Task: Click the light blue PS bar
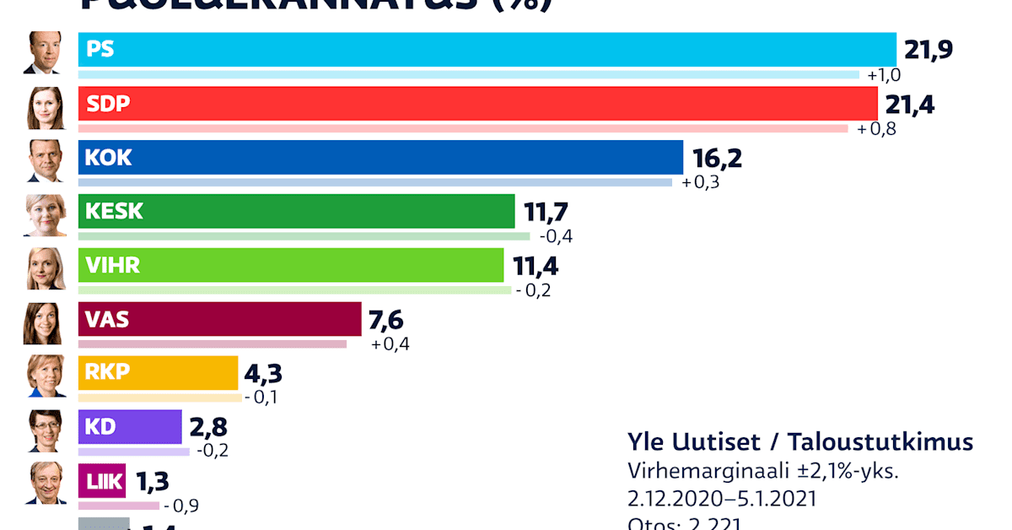487,50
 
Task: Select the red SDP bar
477,104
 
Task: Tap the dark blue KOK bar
380,158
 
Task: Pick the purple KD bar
130,427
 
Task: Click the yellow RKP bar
159,373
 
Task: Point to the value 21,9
928,50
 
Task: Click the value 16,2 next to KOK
717,159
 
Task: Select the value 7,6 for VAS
386,320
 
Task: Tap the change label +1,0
885,75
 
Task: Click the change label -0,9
181,506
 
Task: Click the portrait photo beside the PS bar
44,52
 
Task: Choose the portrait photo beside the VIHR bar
44,268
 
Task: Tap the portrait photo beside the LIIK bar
44,484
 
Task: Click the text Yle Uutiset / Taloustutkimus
799,442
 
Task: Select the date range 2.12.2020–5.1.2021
722,499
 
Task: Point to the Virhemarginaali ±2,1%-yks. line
762,471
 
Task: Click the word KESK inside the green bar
114,212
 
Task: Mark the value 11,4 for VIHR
536,267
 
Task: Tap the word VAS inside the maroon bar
107,320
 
